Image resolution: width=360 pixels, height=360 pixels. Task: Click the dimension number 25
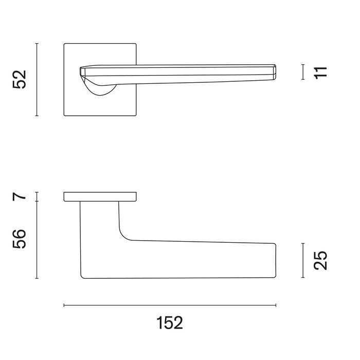click(319, 261)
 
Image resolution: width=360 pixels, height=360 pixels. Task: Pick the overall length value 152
click(169, 323)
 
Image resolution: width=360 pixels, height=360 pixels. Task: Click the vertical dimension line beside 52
click(37, 80)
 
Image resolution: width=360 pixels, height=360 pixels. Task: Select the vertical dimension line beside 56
click(37, 240)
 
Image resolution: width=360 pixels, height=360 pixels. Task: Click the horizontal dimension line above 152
click(170, 305)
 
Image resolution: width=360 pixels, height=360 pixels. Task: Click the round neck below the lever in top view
click(103, 89)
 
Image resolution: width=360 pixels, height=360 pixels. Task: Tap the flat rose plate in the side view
click(100, 196)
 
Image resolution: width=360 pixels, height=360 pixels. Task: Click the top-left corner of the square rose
click(65, 45)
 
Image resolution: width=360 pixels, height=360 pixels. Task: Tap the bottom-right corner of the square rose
click(136, 115)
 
